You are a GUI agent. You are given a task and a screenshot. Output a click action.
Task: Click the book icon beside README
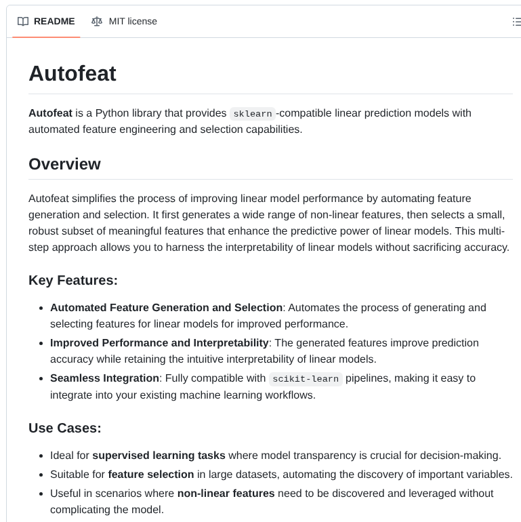point(23,21)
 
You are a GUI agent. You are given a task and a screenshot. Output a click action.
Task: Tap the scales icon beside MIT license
point(97,21)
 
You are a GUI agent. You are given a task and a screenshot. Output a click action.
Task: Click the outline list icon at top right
point(516,22)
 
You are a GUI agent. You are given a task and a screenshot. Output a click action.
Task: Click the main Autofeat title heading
point(72,73)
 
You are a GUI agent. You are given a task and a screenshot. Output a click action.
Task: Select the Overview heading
point(64,164)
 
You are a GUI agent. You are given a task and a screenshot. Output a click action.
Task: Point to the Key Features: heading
point(73,280)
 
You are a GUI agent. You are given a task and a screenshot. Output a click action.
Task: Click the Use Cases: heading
point(65,428)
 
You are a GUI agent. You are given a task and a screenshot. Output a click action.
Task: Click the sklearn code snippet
point(253,113)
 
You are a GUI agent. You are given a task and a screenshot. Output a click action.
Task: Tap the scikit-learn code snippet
point(306,378)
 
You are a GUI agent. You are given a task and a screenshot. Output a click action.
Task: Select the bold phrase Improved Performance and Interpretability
point(159,342)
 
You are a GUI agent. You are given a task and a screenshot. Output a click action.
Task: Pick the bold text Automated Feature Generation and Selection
point(166,307)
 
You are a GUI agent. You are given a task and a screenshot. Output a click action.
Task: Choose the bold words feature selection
point(150,474)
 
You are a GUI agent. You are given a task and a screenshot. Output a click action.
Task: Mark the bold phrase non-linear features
point(226,493)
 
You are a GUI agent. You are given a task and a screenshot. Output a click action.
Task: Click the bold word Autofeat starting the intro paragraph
point(50,113)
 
